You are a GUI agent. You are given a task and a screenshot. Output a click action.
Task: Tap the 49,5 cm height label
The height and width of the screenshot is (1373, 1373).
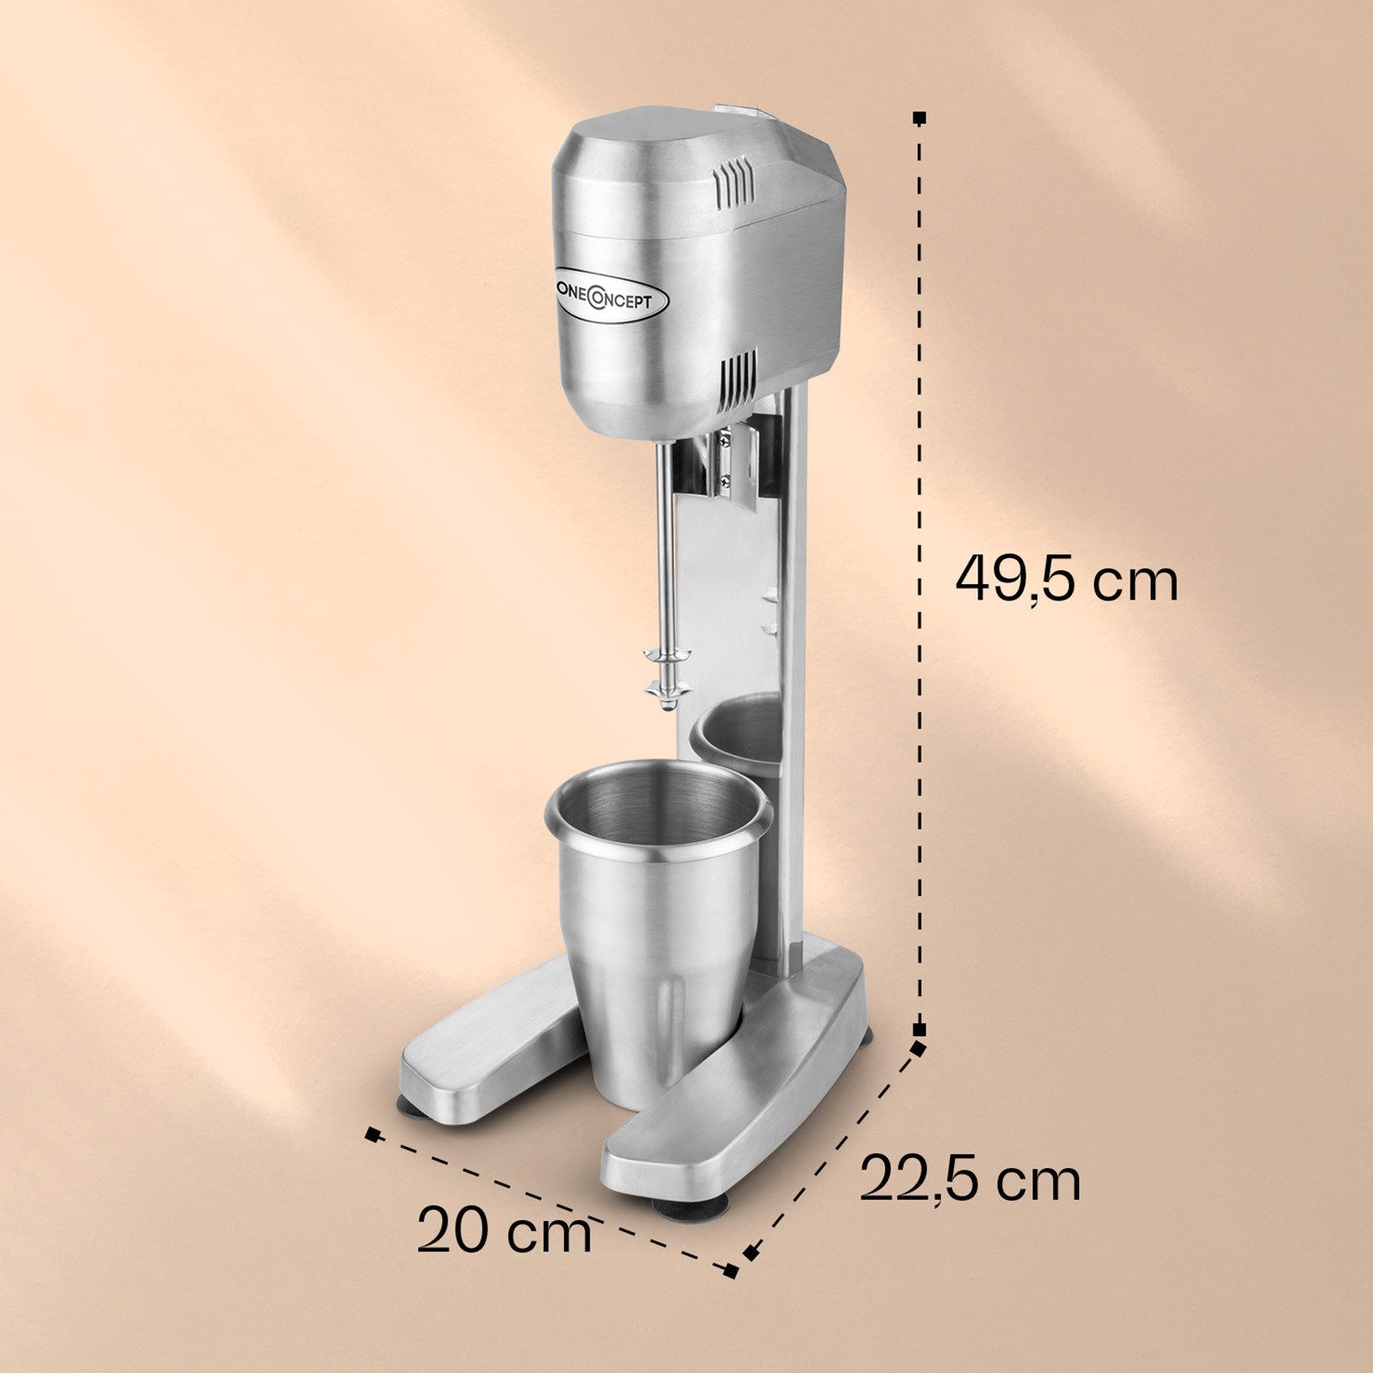tap(1066, 579)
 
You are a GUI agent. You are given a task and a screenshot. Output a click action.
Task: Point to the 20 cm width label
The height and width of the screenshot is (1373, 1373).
tap(504, 1230)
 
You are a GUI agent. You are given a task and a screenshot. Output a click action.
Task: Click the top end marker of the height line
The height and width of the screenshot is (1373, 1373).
tap(920, 118)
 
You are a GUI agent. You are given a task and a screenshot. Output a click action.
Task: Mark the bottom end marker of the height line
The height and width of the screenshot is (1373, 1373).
tap(920, 1029)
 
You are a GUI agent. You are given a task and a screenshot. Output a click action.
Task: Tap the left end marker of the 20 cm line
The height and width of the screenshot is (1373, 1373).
tap(372, 1134)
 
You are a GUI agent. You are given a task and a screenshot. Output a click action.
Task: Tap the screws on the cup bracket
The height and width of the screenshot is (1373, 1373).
tap(725, 458)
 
